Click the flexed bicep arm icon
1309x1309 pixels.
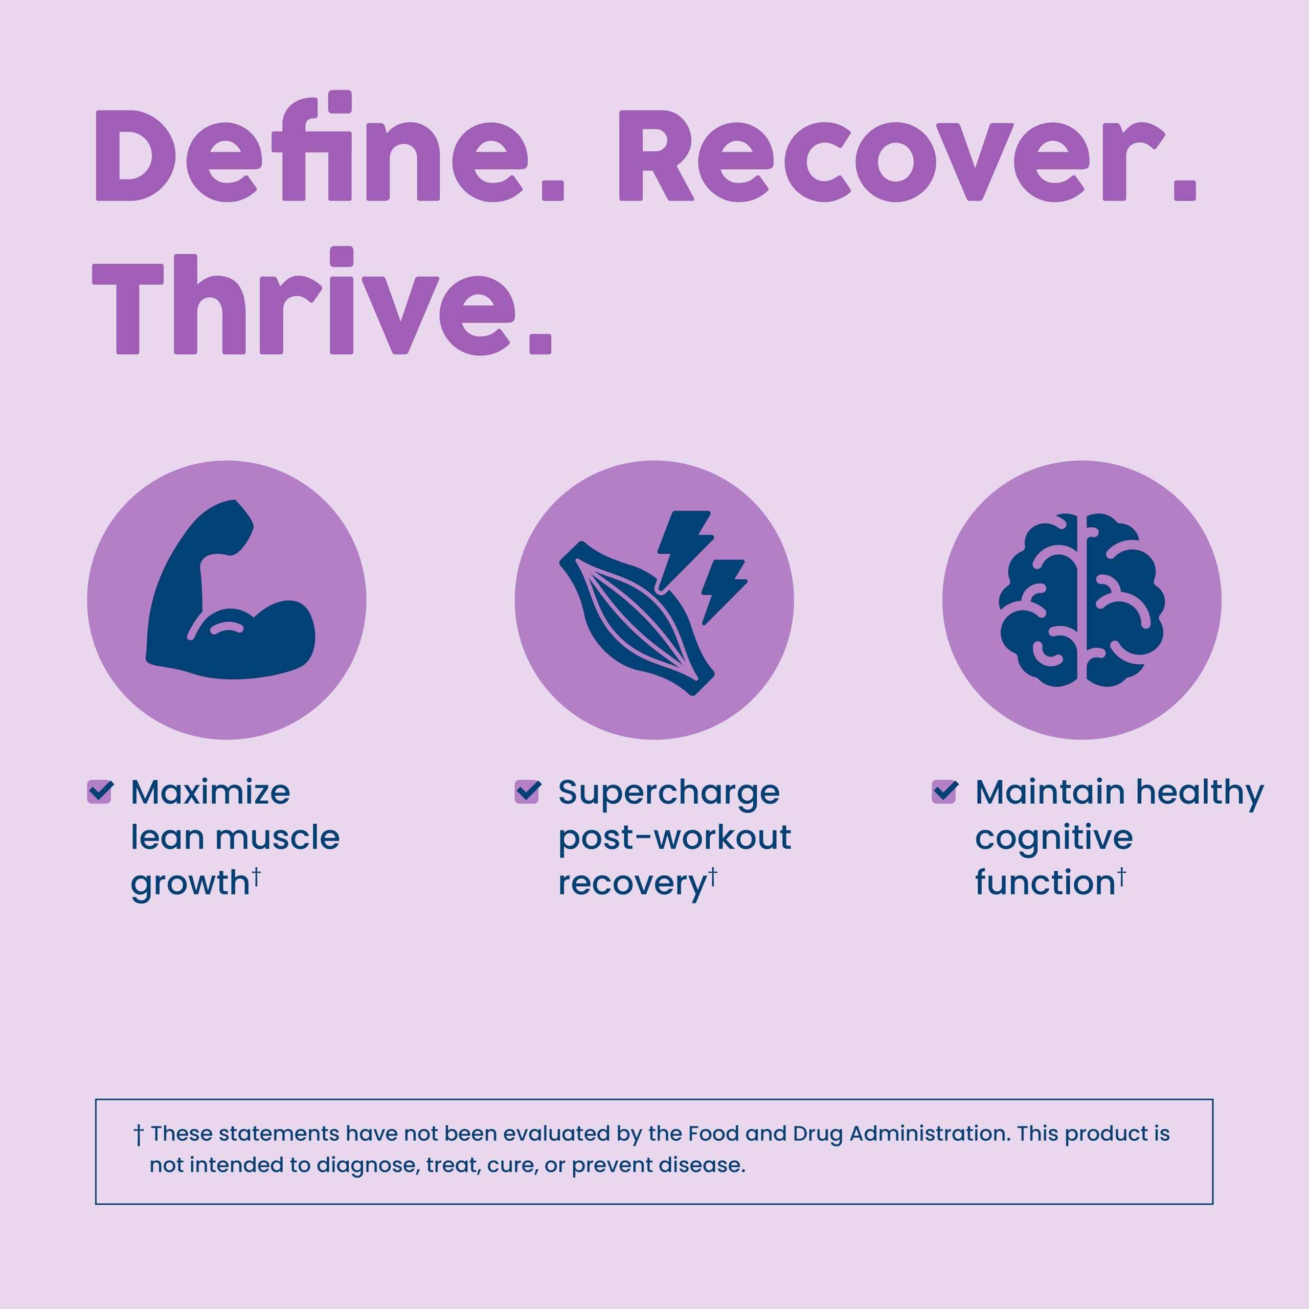(x=231, y=590)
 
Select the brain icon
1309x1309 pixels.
(x=1081, y=600)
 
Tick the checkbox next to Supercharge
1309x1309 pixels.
(x=527, y=792)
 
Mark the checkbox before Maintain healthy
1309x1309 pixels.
(x=944, y=792)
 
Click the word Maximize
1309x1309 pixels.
(x=211, y=792)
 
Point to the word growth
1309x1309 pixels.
(x=190, y=884)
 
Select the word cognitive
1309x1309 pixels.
(x=1053, y=839)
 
